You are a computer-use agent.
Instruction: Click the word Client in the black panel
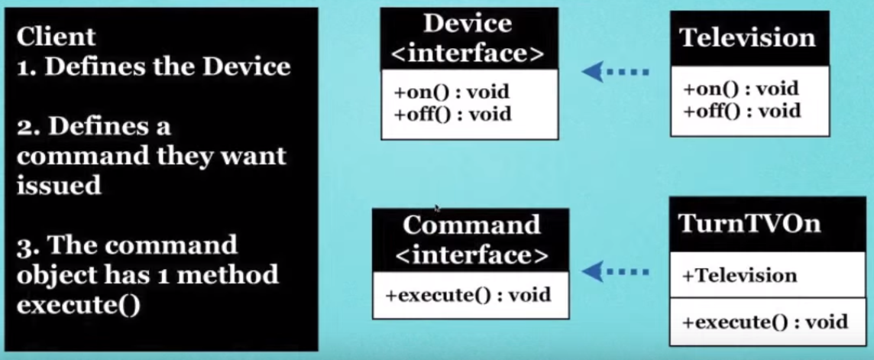pos(56,37)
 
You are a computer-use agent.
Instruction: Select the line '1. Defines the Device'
pos(154,66)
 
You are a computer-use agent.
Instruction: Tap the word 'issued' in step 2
pos(59,186)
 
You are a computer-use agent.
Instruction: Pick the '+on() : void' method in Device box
pos(452,94)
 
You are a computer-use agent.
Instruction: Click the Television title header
pos(748,38)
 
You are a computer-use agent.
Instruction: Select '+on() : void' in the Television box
pos(740,89)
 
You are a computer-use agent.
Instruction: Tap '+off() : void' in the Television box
pos(742,111)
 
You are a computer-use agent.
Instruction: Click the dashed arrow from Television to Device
pos(616,72)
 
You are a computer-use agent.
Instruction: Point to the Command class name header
pos(471,225)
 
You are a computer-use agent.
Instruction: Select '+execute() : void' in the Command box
pos(468,294)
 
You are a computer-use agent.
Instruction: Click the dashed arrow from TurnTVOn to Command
pos(616,271)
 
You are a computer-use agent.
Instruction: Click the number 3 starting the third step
pos(25,245)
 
